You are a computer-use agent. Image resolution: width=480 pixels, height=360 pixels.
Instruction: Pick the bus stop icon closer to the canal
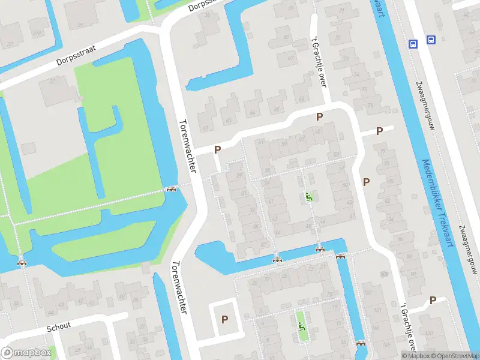(413, 43)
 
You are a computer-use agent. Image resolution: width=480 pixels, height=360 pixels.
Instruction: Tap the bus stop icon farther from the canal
(431, 40)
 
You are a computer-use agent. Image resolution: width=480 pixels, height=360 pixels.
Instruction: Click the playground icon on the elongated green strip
(302, 326)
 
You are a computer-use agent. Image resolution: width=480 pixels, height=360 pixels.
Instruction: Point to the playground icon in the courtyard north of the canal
(308, 196)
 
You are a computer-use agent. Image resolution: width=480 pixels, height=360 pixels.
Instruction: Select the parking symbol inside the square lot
(225, 320)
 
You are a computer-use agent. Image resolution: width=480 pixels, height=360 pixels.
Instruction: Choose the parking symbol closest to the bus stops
(379, 131)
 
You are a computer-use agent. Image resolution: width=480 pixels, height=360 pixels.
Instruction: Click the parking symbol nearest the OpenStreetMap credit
(433, 300)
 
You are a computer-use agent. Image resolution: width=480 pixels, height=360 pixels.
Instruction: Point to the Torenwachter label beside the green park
(188, 145)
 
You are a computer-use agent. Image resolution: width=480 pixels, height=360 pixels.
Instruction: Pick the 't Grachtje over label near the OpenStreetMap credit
(409, 326)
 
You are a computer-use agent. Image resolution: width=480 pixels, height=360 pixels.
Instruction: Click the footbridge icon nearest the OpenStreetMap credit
(361, 343)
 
